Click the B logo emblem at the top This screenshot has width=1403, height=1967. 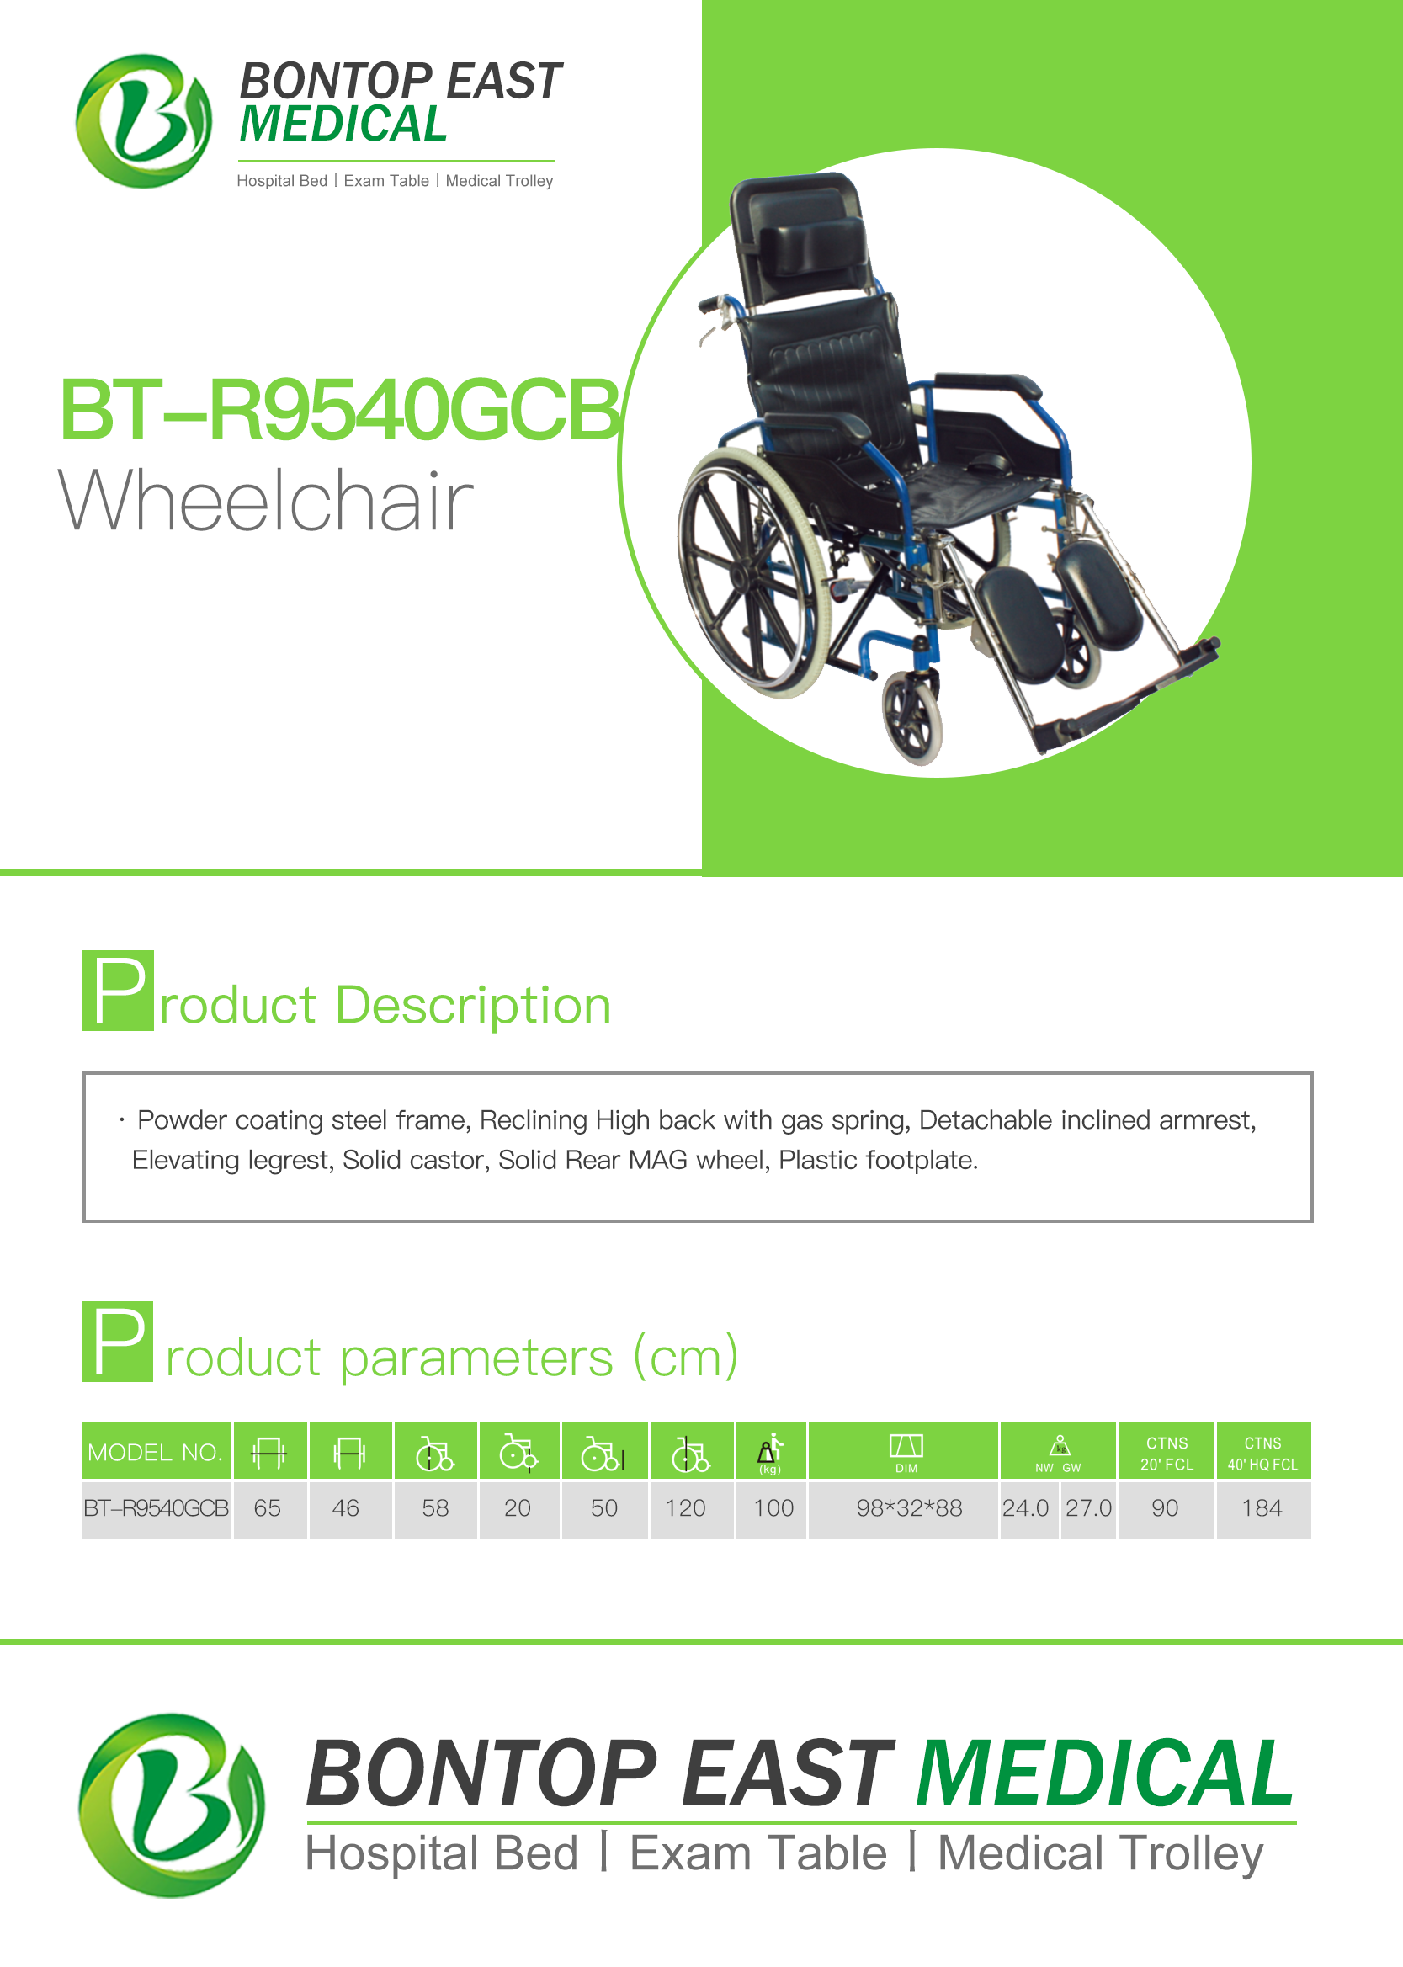coord(143,121)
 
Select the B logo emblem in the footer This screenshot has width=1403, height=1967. coord(171,1805)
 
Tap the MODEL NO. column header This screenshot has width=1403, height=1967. coord(157,1451)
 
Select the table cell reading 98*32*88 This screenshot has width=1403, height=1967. coord(909,1508)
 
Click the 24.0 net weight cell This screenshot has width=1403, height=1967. coord(1025,1508)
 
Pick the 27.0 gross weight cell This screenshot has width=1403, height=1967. coord(1088,1508)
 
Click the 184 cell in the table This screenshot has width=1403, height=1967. coord(1262,1508)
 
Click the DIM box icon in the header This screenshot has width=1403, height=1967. coord(906,1445)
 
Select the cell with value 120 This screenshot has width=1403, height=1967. coord(686,1508)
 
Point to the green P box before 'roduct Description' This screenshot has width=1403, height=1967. coord(119,990)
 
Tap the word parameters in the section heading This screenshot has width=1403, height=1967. coord(477,1357)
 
